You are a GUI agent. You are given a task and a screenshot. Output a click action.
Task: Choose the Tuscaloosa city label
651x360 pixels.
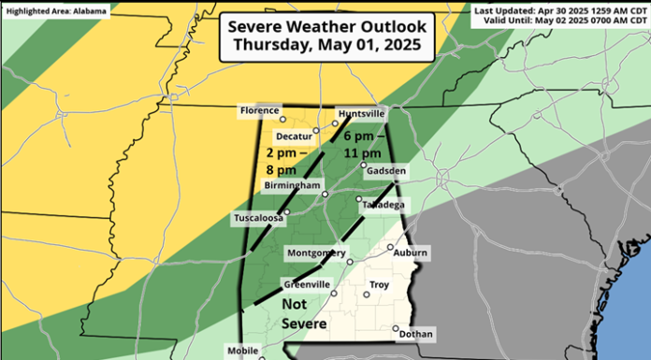258,219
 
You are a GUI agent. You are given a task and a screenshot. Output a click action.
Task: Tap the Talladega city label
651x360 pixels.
383,205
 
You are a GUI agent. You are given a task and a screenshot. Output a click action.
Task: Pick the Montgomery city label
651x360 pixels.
313,252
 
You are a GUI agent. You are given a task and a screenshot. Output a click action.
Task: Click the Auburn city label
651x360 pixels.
411,252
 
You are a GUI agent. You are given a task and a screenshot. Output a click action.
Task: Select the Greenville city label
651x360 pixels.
305,285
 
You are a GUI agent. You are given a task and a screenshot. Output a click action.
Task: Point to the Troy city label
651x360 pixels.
379,283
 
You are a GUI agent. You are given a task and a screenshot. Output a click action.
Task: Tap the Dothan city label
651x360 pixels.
415,333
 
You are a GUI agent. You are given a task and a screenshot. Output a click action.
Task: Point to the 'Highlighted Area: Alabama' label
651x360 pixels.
55,10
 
